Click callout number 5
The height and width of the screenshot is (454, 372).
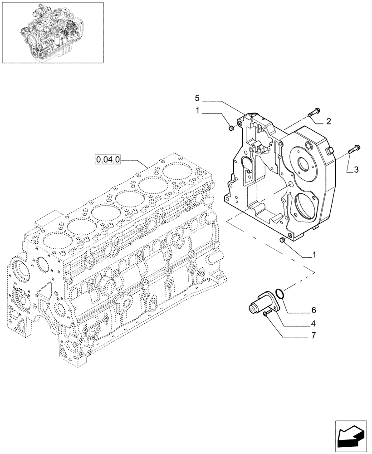click(x=197, y=98)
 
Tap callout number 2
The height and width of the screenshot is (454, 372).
click(x=328, y=121)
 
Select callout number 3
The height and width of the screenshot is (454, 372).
click(x=356, y=170)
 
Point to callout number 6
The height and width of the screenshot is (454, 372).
click(x=313, y=311)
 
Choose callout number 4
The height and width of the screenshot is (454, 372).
click(x=313, y=324)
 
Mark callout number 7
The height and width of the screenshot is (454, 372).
click(x=313, y=336)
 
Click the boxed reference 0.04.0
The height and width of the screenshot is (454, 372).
click(x=107, y=159)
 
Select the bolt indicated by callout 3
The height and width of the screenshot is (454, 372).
click(x=354, y=148)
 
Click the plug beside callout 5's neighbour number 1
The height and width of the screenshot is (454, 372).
click(x=230, y=129)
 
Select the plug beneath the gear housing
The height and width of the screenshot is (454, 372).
click(x=283, y=240)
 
